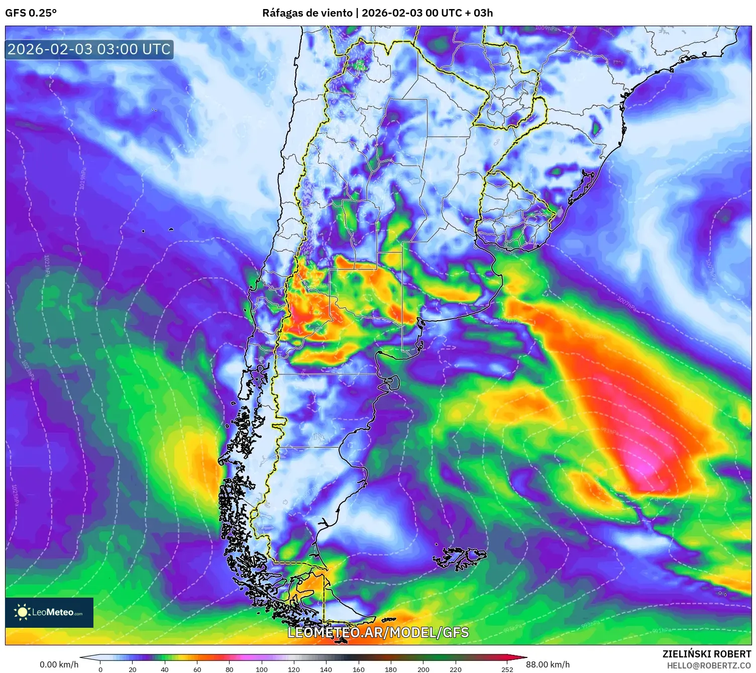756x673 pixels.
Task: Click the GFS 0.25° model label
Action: pyautogui.click(x=31, y=13)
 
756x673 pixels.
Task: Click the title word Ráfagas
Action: pyautogui.click(x=282, y=13)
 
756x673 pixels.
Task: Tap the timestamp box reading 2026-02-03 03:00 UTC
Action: pyautogui.click(x=89, y=49)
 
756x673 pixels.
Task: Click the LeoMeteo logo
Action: pyautogui.click(x=49, y=612)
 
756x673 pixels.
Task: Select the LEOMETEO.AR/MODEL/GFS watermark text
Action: pyautogui.click(x=378, y=632)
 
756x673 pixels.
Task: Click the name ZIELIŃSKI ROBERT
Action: pyautogui.click(x=706, y=654)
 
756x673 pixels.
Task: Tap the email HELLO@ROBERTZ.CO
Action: pyautogui.click(x=709, y=665)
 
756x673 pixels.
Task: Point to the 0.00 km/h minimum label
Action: pyautogui.click(x=59, y=664)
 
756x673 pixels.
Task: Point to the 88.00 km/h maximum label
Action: pyautogui.click(x=548, y=664)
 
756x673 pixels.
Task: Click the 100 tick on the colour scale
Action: pyautogui.click(x=262, y=669)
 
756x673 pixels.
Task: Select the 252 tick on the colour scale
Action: pyautogui.click(x=507, y=669)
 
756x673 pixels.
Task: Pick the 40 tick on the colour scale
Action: pyautogui.click(x=165, y=669)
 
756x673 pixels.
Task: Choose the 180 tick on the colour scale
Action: pyautogui.click(x=391, y=669)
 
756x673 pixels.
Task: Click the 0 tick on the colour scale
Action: pyautogui.click(x=100, y=669)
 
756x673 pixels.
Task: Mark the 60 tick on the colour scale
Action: pyautogui.click(x=197, y=669)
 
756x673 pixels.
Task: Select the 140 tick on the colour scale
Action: pyautogui.click(x=326, y=669)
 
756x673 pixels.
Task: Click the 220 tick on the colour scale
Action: pyautogui.click(x=456, y=669)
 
